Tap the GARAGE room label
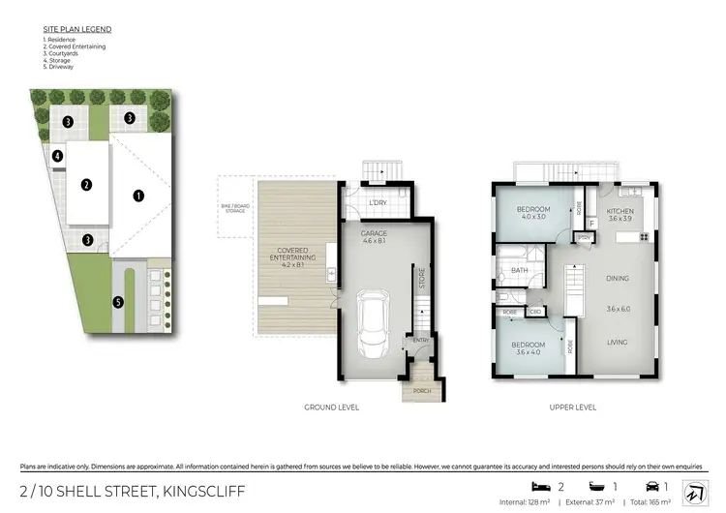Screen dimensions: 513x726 [x=375, y=234]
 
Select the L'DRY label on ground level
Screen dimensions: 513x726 [x=378, y=202]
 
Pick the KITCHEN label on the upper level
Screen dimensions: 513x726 [x=620, y=210]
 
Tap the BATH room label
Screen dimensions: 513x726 [x=520, y=270]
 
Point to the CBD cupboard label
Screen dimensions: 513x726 [x=535, y=312]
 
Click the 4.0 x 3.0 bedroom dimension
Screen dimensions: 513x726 [x=533, y=217]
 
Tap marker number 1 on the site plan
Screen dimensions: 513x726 [x=138, y=195]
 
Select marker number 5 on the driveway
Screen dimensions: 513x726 [x=117, y=302]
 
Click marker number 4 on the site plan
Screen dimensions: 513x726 [x=58, y=155]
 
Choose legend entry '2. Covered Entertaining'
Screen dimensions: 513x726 [x=75, y=46]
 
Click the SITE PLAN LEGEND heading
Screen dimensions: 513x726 [x=76, y=30]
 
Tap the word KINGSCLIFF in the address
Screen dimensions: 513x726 [x=194, y=492]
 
